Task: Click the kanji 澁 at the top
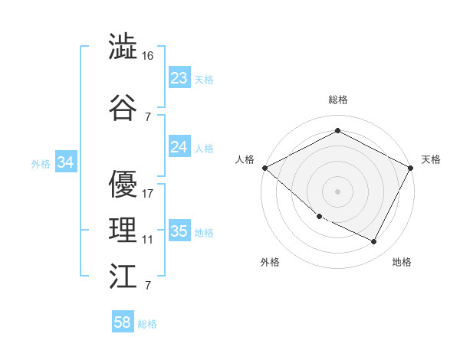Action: (x=123, y=47)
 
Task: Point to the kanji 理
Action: (x=123, y=230)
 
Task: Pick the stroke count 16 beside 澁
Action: (x=148, y=56)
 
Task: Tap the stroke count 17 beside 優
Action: (x=148, y=193)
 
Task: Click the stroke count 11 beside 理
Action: (x=148, y=239)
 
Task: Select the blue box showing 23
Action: (x=179, y=78)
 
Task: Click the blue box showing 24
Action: (x=179, y=147)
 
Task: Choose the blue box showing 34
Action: (x=65, y=162)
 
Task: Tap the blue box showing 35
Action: (x=179, y=231)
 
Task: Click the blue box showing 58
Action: (x=123, y=323)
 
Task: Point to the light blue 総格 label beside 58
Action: (x=147, y=324)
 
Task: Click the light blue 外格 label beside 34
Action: (x=40, y=163)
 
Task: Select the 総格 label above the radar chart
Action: (x=337, y=100)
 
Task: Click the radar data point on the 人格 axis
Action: (x=264, y=168)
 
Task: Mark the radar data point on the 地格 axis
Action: (x=374, y=242)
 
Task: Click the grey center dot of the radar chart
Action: (x=337, y=191)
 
